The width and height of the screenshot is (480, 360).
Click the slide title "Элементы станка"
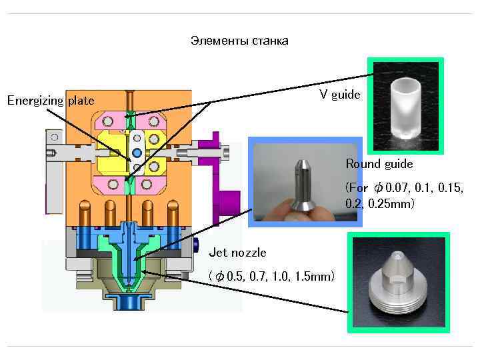(x=239, y=41)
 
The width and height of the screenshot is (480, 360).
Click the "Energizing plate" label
(x=51, y=101)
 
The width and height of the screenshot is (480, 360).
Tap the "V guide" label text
(x=339, y=95)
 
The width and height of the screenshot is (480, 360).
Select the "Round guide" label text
(x=379, y=164)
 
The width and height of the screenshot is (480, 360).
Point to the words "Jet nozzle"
(x=237, y=253)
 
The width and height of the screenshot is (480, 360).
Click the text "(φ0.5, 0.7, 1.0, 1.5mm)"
(x=271, y=276)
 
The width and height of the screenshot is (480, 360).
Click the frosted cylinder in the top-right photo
(x=406, y=109)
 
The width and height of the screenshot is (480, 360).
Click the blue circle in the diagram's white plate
(x=137, y=153)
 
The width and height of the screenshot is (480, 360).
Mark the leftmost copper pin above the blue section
(x=84, y=213)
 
